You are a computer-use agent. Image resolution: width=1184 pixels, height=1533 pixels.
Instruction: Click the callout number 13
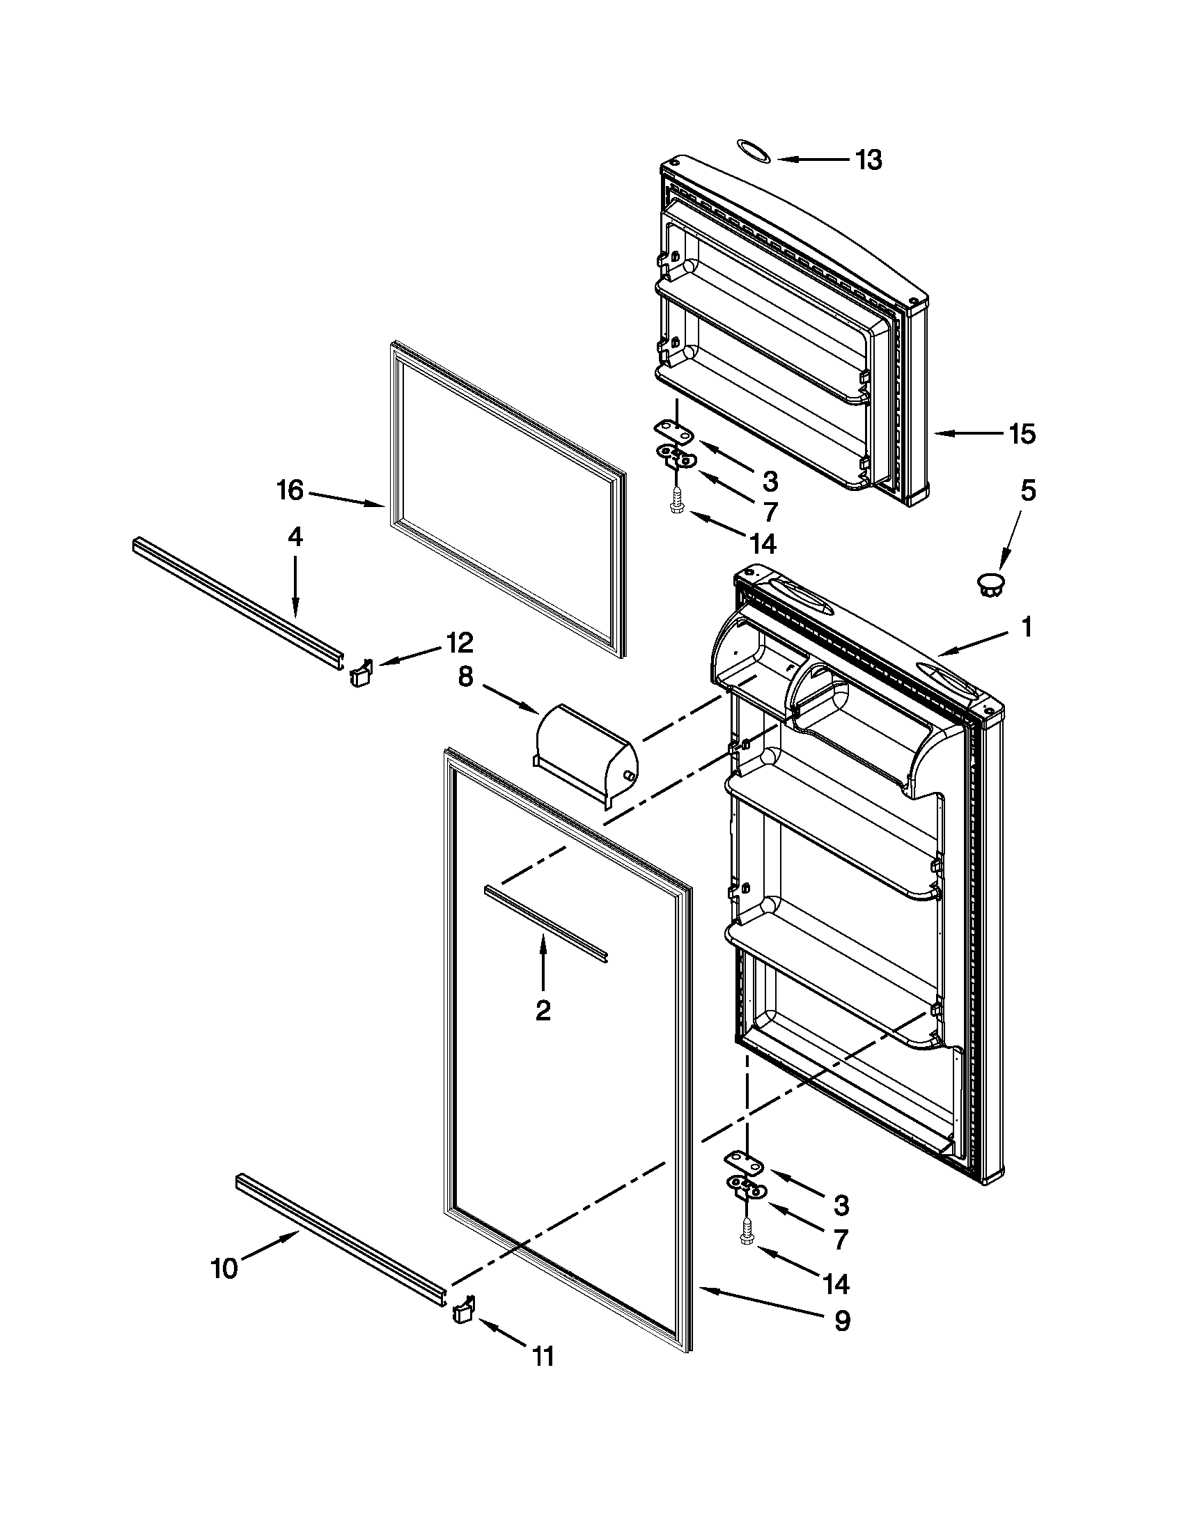coord(868,160)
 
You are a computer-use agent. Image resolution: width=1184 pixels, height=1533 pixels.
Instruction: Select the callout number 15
coord(1021,434)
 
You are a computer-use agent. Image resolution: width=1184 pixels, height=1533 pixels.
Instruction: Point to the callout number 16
coord(289,490)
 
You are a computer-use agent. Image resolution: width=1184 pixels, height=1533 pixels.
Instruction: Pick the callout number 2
coord(543,1010)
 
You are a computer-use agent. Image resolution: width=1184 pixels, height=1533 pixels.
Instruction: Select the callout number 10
coord(224,1268)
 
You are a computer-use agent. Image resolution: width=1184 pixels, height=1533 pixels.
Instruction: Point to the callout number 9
coord(841,1321)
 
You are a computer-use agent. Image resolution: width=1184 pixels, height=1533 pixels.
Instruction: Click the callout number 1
coord(1026,627)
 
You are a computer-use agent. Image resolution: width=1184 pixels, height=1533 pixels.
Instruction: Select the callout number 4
coord(295,537)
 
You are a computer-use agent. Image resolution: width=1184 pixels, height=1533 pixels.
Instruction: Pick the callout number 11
coord(543,1357)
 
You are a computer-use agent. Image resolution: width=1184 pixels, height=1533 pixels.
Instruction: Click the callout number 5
coord(1027,490)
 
